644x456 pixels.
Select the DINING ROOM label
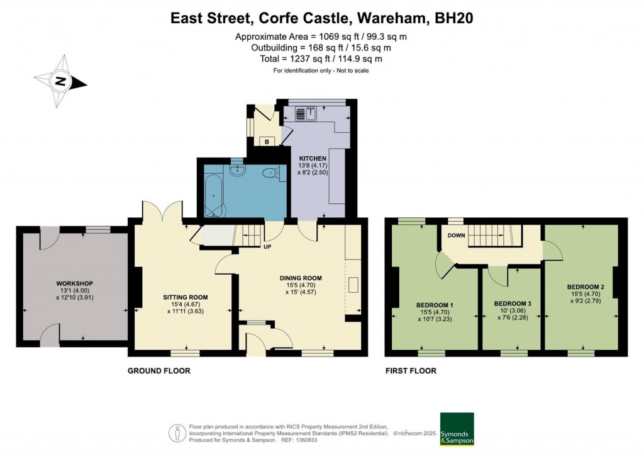[301, 278]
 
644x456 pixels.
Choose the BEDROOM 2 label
[585, 287]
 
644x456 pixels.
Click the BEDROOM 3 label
[513, 304]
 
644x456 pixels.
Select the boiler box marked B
[267, 142]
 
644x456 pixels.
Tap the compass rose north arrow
[61, 81]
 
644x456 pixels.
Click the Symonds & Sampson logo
[457, 429]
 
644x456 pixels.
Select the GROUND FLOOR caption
[159, 371]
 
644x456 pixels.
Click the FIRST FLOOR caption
[411, 371]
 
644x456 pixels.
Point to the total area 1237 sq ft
[321, 59]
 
